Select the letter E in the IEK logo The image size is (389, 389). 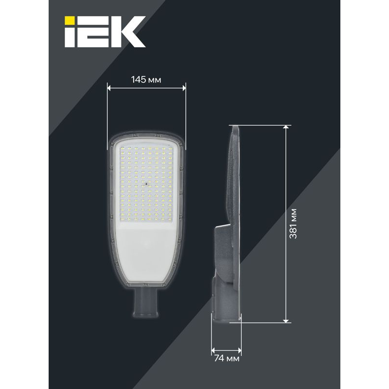coord(97,31)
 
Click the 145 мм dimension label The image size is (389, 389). coord(146,80)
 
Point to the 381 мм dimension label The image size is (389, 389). coord(293,223)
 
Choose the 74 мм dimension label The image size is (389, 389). coord(226,359)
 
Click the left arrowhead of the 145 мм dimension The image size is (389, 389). coord(109,88)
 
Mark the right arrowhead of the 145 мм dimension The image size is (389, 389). coord(183,88)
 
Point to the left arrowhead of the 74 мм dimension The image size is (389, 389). coord(213,350)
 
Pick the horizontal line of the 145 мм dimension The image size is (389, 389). coord(146,88)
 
